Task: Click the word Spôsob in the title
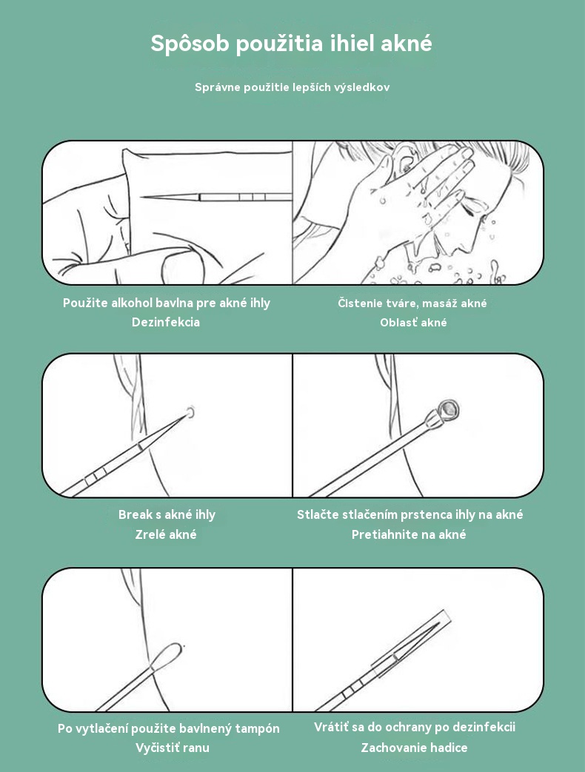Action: click(x=190, y=44)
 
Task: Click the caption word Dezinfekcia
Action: click(x=166, y=322)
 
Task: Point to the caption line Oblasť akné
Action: click(x=414, y=323)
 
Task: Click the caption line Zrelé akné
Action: click(x=166, y=534)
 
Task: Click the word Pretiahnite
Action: click(x=386, y=534)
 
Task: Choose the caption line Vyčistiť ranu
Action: click(x=173, y=748)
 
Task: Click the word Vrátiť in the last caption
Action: click(x=331, y=727)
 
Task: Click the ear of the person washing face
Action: click(x=404, y=158)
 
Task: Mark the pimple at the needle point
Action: click(x=190, y=412)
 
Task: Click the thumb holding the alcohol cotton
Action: click(x=181, y=264)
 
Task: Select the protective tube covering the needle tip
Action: click(x=411, y=644)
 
